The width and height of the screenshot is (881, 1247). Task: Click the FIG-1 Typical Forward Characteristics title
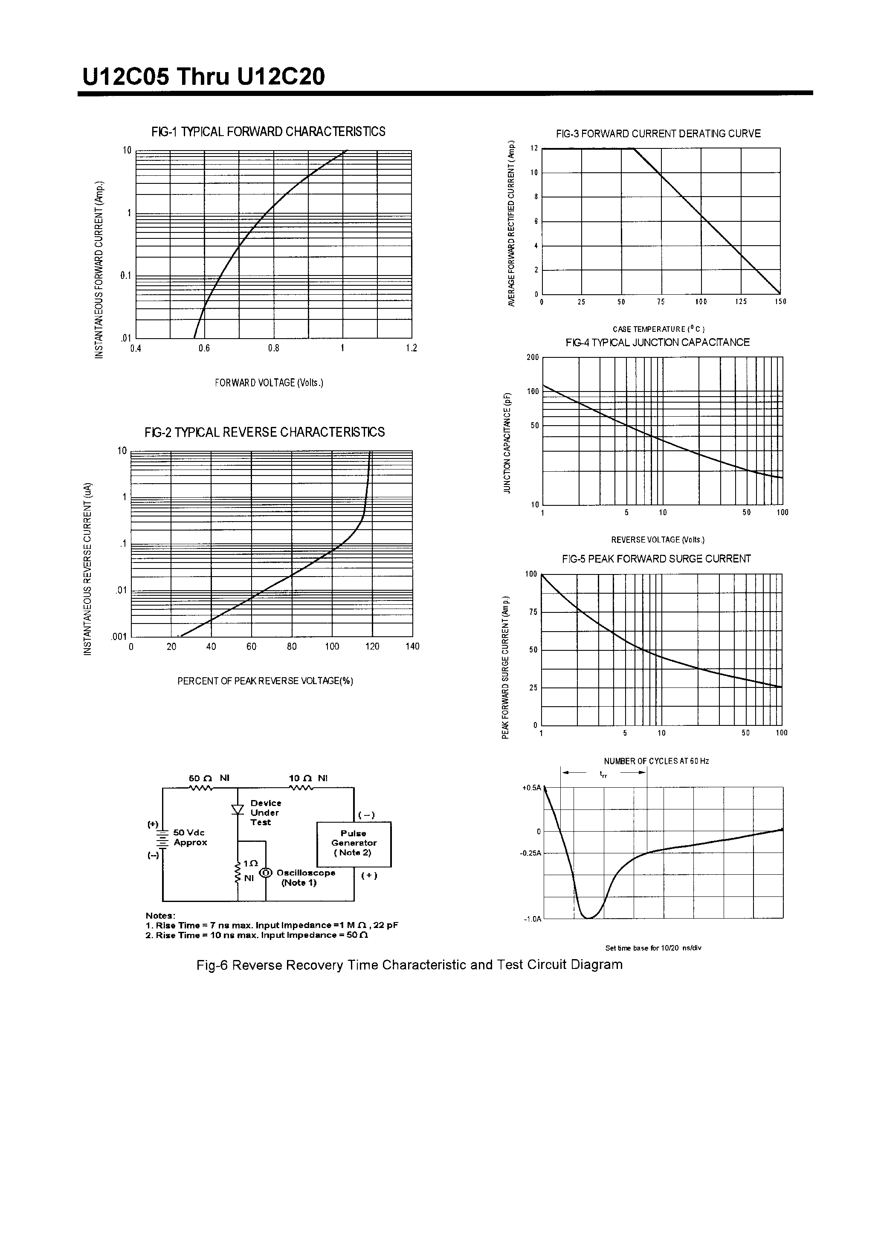coord(268,132)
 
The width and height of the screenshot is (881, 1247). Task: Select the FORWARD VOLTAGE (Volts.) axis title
coord(269,383)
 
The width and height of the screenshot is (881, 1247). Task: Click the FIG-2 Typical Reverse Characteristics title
coord(264,432)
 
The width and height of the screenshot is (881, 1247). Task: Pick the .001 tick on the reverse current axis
coord(119,637)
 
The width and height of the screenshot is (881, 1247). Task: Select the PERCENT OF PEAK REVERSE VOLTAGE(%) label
coord(265,681)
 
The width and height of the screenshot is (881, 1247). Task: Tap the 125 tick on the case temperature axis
coord(741,302)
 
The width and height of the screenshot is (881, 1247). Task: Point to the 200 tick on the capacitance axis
coord(532,357)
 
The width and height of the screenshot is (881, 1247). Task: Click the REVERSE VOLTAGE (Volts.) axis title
coord(658,540)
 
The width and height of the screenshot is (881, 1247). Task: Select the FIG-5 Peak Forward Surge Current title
coord(656,559)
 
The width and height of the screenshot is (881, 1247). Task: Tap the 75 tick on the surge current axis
coord(533,612)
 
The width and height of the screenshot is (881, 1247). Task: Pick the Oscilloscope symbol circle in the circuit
coord(266,873)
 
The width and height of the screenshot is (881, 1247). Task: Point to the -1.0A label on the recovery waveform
coord(532,919)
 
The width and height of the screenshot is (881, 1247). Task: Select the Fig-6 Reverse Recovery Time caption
coord(409,965)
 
